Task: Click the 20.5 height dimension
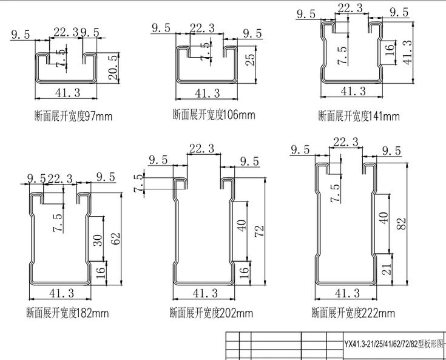(113, 67)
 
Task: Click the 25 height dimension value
(250, 59)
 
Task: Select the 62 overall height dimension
(116, 239)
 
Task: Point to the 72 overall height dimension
(260, 231)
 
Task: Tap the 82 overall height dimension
(401, 224)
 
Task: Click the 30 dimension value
(97, 240)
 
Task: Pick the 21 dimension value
(387, 269)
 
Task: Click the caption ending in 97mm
(73, 116)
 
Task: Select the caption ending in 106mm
(214, 115)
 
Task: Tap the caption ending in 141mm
(359, 116)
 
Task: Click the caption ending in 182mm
(68, 313)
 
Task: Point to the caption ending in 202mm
(211, 313)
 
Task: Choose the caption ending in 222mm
(353, 313)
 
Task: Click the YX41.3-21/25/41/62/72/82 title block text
(394, 344)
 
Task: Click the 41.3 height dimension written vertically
(408, 52)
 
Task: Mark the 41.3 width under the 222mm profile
(347, 293)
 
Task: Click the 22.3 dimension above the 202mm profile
(201, 148)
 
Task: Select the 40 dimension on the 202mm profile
(242, 225)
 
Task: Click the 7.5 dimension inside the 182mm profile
(58, 222)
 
